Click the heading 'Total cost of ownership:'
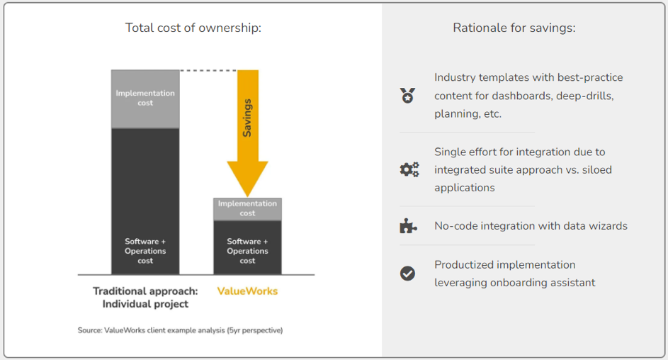(193, 28)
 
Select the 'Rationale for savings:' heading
(514, 28)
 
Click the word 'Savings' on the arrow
(247, 118)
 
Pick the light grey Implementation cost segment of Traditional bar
(145, 99)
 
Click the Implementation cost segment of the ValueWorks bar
(247, 209)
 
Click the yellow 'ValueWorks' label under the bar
(247, 291)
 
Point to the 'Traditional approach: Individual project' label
(145, 298)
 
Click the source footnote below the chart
(180, 330)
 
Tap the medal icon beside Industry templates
(407, 95)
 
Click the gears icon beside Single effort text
(409, 169)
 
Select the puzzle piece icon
(407, 226)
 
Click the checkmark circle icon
(407, 274)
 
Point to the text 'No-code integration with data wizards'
(531, 226)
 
